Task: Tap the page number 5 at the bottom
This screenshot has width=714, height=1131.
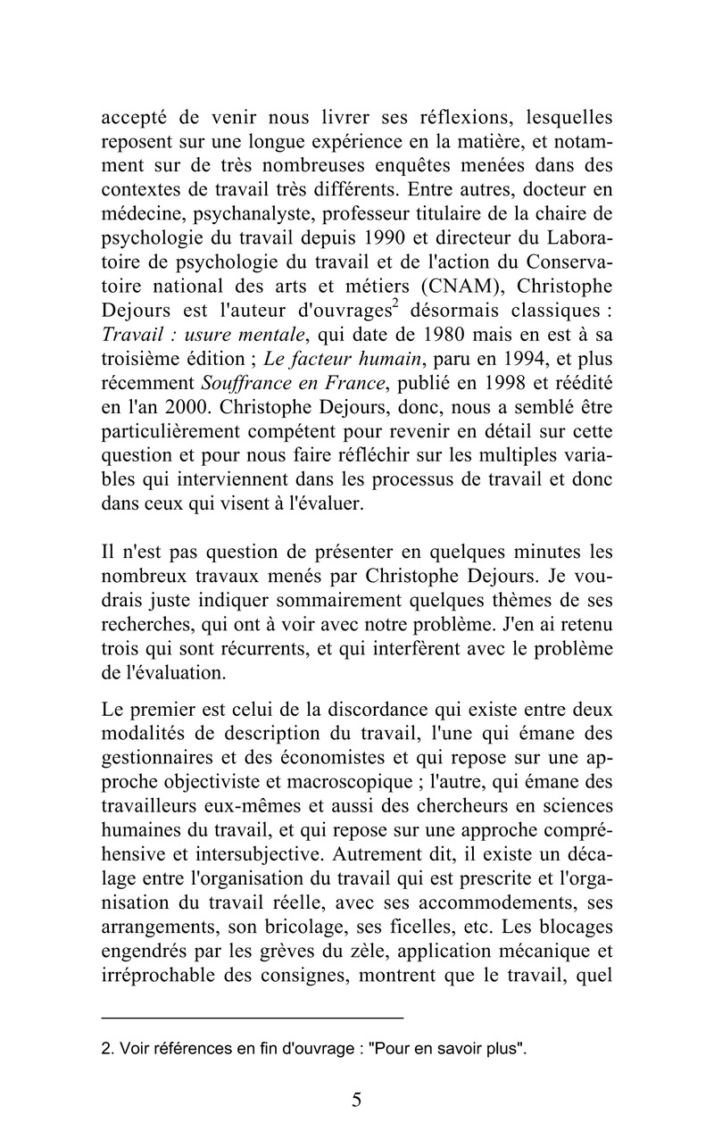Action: click(357, 1099)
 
